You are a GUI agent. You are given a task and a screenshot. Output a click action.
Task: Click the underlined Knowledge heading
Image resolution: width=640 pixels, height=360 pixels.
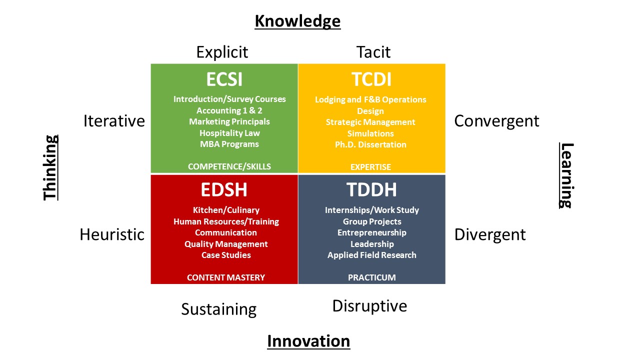(x=297, y=21)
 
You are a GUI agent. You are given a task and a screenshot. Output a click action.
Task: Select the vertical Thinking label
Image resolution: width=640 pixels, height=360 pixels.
(x=50, y=167)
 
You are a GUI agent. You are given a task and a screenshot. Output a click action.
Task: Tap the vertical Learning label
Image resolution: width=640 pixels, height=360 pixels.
(x=566, y=175)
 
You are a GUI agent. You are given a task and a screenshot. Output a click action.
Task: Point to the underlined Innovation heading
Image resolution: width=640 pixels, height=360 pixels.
(x=308, y=341)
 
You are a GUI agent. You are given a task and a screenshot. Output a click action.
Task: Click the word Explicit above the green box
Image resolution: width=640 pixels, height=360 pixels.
(x=222, y=52)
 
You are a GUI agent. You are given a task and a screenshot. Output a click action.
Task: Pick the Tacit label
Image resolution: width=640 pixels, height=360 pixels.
(x=373, y=52)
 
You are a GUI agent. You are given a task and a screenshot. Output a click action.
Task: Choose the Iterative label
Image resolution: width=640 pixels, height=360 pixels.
(x=114, y=121)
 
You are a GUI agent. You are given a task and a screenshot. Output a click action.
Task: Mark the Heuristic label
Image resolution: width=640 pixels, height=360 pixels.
(x=112, y=234)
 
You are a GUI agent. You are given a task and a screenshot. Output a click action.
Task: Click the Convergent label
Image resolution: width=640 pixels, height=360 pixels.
(x=496, y=121)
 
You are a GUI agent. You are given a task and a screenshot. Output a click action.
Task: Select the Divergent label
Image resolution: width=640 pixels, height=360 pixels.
(x=489, y=235)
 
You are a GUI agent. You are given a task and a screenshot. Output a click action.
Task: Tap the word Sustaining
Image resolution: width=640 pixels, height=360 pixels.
(x=219, y=309)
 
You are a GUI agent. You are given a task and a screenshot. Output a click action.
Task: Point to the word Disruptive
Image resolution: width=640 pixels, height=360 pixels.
(x=369, y=306)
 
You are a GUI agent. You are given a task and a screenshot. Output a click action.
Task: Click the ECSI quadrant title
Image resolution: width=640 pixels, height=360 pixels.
(x=224, y=79)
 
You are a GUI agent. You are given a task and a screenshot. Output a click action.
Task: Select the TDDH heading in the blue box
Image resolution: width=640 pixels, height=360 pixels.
(x=371, y=189)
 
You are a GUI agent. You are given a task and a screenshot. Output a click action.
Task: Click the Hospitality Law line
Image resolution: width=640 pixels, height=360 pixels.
(x=229, y=133)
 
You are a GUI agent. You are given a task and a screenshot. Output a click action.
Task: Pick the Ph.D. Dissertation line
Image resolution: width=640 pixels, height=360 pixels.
(x=370, y=144)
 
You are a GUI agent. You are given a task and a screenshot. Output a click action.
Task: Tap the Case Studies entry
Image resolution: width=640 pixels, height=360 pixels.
(x=226, y=255)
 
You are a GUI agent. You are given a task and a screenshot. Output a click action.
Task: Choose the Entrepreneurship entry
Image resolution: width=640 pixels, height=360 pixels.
(x=371, y=233)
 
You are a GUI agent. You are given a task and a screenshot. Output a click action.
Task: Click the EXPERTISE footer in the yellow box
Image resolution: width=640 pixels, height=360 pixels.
(x=370, y=167)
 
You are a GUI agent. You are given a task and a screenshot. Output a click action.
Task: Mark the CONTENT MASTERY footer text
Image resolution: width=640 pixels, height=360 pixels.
(x=226, y=277)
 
